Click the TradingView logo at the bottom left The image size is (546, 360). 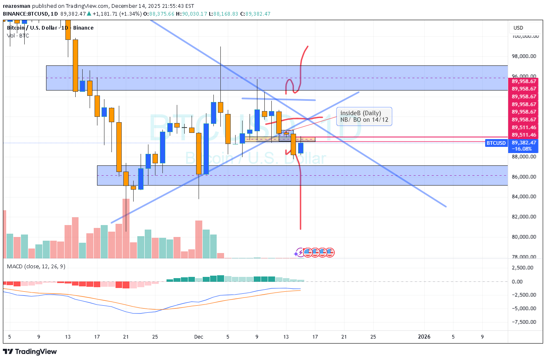(x=30, y=352)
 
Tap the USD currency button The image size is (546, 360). (x=518, y=28)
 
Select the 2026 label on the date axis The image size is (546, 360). (x=424, y=337)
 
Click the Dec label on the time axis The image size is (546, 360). (x=199, y=337)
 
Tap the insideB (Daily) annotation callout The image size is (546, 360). (x=364, y=116)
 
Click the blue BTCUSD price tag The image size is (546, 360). (x=495, y=143)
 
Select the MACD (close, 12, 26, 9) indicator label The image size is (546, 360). (x=36, y=266)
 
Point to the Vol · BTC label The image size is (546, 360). (x=18, y=36)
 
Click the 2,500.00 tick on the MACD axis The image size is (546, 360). (x=523, y=268)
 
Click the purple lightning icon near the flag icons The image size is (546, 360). (x=300, y=252)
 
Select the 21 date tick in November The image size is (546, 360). (x=126, y=337)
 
